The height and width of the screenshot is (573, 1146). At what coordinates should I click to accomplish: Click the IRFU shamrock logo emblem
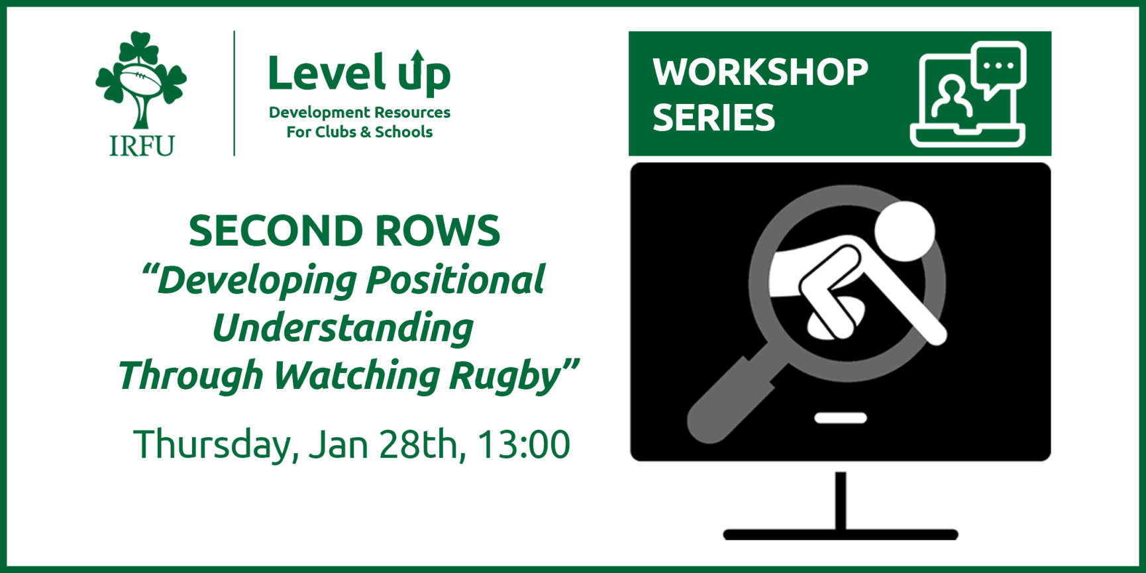pyautogui.click(x=140, y=79)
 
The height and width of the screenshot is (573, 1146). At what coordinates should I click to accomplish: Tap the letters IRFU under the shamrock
pyautogui.click(x=141, y=146)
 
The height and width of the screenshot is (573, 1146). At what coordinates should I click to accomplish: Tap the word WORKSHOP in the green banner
pyautogui.click(x=760, y=72)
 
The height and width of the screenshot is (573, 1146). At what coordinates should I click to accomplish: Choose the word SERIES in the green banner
pyautogui.click(x=713, y=118)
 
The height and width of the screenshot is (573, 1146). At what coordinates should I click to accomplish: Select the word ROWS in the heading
pyautogui.click(x=437, y=231)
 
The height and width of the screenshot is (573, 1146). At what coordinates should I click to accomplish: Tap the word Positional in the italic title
pyautogui.click(x=455, y=280)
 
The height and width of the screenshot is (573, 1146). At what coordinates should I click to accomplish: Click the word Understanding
pyautogui.click(x=342, y=328)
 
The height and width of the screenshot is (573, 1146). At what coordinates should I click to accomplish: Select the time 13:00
pyautogui.click(x=523, y=444)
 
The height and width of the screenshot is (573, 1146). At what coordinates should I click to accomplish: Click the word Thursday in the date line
pyautogui.click(x=212, y=444)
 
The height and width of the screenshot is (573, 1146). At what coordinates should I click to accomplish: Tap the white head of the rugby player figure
pyautogui.click(x=904, y=231)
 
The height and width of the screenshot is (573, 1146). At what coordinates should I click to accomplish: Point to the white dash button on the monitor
pyautogui.click(x=840, y=418)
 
